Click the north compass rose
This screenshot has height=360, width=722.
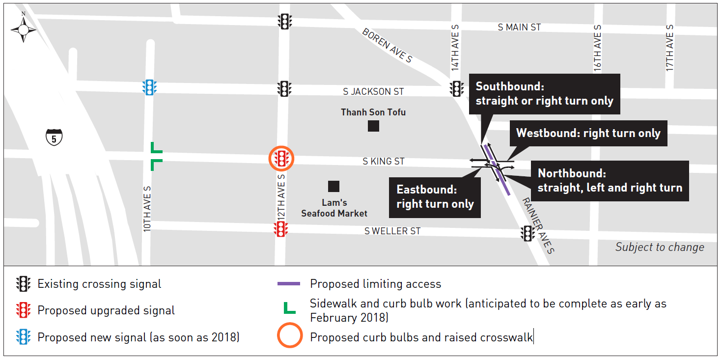coord(23,29)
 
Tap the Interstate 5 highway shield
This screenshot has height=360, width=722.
coord(54,138)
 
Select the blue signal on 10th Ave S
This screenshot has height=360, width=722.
coord(149,87)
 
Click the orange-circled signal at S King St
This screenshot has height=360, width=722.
coord(281,159)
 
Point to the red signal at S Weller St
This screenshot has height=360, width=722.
coord(280,229)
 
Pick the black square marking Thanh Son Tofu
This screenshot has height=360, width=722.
coord(373,126)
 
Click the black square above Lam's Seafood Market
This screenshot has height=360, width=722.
coord(333,187)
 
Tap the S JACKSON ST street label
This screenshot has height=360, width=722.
coord(373,92)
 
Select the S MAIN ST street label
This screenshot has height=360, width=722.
coord(519,28)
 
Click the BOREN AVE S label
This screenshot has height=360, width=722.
coord(387,45)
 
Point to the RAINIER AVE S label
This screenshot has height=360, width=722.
coord(538,225)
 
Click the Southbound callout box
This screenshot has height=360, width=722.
coord(544,94)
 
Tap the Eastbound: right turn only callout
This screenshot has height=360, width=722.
coord(435,197)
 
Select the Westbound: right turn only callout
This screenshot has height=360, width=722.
coord(588,133)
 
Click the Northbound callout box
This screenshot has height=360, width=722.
coord(610,180)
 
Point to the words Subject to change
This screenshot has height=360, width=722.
coord(659,247)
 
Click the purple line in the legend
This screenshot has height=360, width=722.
coord(289,284)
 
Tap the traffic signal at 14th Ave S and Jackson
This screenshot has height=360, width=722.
coord(456,89)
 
